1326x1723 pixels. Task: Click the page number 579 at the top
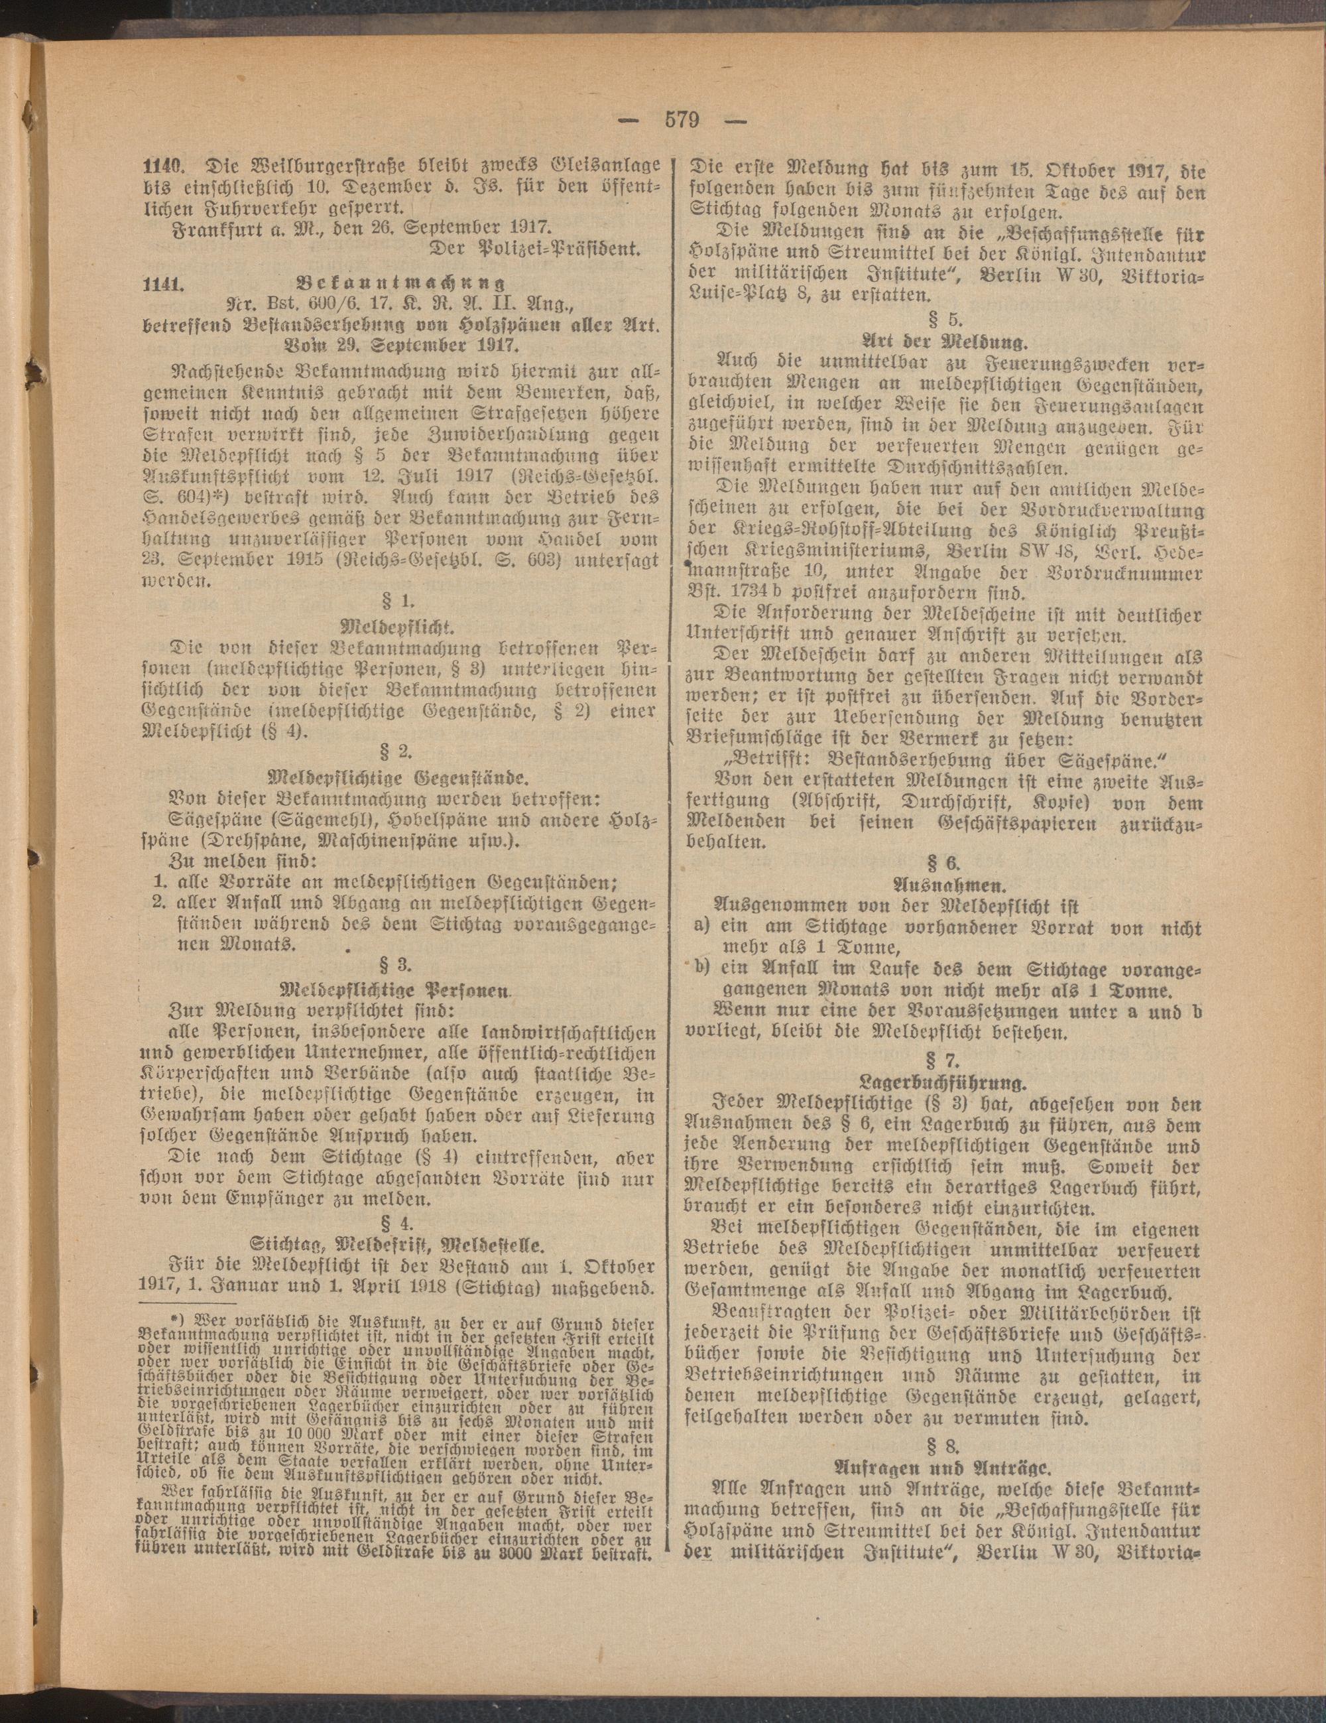[682, 121]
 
